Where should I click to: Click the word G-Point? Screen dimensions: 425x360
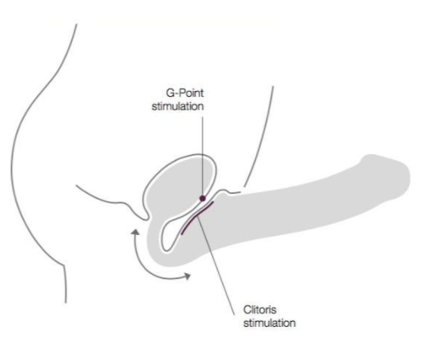[185, 94]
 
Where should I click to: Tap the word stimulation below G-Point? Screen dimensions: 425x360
[178, 106]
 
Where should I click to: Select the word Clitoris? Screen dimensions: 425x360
[260, 310]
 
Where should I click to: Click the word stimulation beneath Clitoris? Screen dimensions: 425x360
[269, 323]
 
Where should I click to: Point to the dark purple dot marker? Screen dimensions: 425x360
[203, 198]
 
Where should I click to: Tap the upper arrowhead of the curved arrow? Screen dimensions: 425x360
[135, 232]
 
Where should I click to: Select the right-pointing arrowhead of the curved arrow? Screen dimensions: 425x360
[187, 276]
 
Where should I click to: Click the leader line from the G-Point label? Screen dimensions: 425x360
[203, 156]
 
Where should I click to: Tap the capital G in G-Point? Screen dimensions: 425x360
[170, 93]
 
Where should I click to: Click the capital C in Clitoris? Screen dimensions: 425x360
[247, 310]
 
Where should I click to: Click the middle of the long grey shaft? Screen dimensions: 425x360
[298, 210]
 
